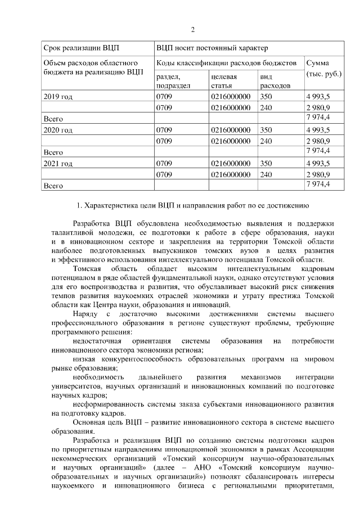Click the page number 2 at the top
click(x=192, y=29)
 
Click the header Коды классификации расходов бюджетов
click(x=226, y=63)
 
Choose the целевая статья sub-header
click(x=224, y=81)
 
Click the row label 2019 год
click(x=58, y=97)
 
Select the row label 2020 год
click(x=58, y=130)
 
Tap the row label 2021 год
click(x=58, y=163)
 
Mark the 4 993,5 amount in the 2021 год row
click(x=318, y=163)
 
